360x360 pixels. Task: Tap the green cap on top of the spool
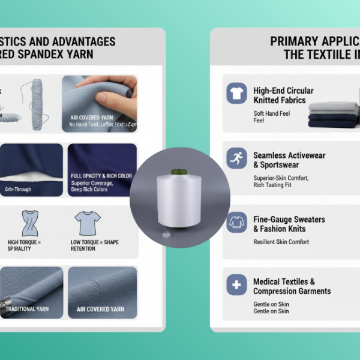click(x=179, y=172)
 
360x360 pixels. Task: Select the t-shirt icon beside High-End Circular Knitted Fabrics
click(x=236, y=94)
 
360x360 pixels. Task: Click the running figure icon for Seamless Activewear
click(x=236, y=158)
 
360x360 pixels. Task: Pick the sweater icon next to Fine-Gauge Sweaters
click(x=236, y=223)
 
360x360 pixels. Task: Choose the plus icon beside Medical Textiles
click(x=236, y=285)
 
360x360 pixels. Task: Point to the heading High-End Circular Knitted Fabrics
click(x=283, y=95)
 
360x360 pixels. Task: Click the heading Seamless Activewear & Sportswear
click(x=289, y=160)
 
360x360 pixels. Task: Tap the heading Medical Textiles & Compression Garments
click(x=292, y=286)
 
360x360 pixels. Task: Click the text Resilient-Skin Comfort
click(x=281, y=242)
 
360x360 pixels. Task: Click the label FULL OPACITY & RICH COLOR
click(x=101, y=176)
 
